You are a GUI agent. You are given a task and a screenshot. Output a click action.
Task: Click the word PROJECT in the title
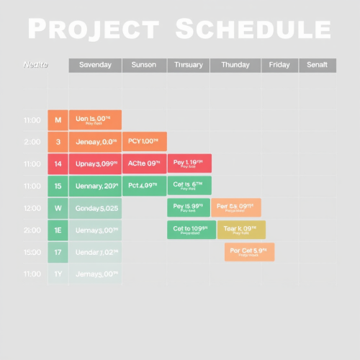[94, 30]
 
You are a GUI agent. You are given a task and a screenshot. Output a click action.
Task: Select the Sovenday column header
[95, 66]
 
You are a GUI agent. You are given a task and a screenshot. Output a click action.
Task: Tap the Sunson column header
[144, 66]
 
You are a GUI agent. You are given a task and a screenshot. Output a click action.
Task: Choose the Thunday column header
[235, 66]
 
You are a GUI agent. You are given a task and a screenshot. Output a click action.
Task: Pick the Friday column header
[279, 66]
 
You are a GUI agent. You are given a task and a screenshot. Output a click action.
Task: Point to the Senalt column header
[317, 66]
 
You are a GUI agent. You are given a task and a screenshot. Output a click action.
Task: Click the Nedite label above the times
[36, 66]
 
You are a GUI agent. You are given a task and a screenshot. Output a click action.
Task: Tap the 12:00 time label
[32, 208]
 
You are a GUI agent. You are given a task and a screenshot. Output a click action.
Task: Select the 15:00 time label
[32, 252]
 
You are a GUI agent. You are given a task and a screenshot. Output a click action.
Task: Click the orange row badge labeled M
[58, 120]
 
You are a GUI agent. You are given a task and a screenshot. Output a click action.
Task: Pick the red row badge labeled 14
[58, 164]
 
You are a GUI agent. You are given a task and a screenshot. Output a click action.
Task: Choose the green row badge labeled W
[58, 208]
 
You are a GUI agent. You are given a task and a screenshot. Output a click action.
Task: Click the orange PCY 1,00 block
[144, 142]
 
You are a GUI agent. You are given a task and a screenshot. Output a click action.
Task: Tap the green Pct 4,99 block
[144, 186]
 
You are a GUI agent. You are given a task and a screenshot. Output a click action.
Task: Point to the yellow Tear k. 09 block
[240, 230]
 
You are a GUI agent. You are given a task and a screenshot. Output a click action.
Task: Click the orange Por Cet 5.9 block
[249, 252]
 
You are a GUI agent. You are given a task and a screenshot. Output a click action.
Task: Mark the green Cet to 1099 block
[191, 230]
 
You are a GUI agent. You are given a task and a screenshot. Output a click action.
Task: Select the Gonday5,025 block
[95, 208]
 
